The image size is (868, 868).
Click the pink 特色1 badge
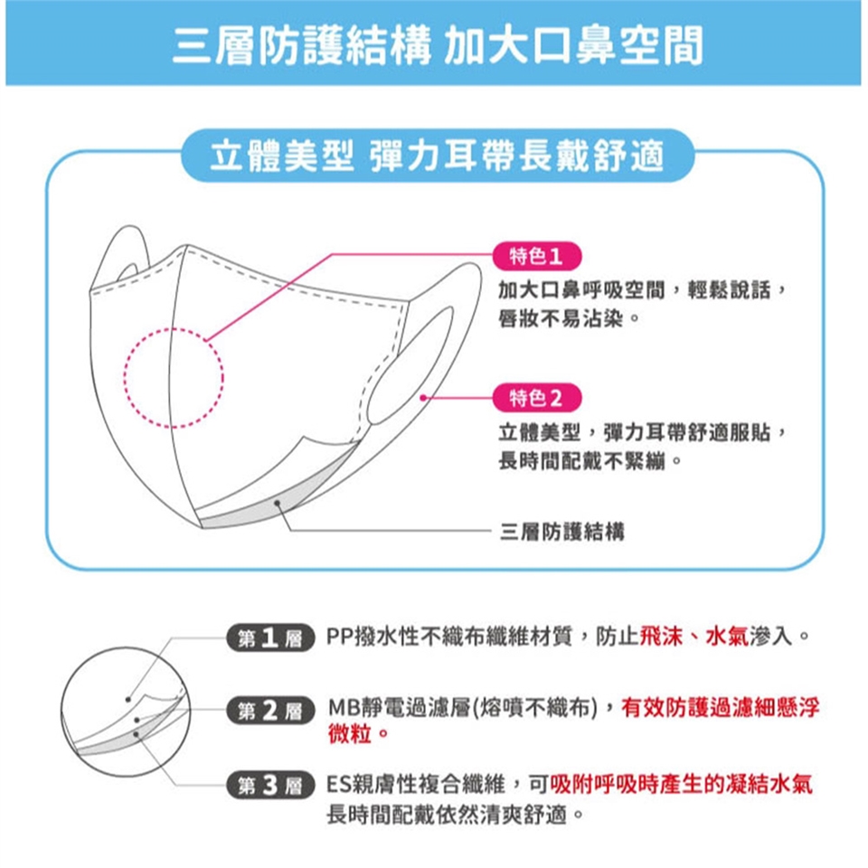coord(537,256)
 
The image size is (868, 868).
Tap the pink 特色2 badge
coord(537,398)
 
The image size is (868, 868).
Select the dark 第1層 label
coord(270,638)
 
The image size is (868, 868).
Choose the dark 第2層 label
coord(270,711)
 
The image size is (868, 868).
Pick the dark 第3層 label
coord(270,785)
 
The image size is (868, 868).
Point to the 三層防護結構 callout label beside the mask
coord(561,532)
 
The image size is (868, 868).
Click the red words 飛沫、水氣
coord(694,637)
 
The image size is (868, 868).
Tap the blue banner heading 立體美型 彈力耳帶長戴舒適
coord(437,156)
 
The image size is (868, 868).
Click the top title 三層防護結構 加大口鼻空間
coord(438,45)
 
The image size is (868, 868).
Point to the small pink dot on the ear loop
coord(423,398)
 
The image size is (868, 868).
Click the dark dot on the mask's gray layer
coord(278,503)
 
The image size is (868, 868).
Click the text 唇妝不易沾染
coord(561,318)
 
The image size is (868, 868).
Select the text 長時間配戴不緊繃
coord(581,460)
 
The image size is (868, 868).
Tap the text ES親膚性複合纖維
coord(415,784)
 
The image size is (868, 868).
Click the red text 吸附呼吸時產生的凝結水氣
coord(682,784)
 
